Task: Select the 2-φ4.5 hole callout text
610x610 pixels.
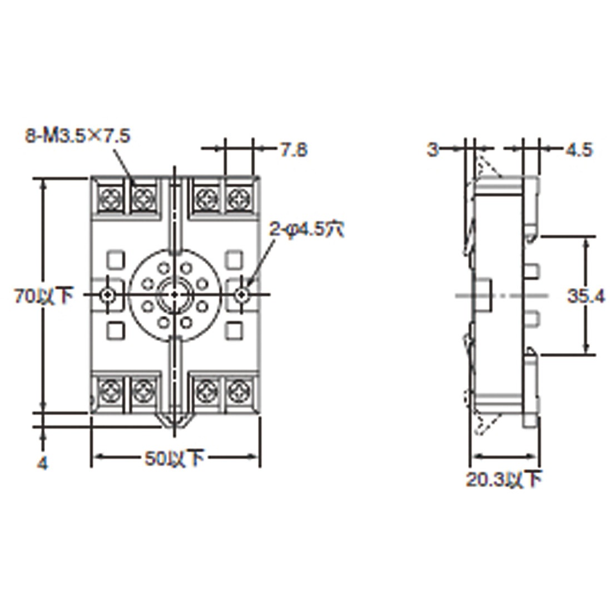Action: pyautogui.click(x=306, y=229)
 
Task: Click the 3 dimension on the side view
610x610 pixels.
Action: pyautogui.click(x=433, y=149)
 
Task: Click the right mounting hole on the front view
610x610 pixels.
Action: pyautogui.click(x=241, y=295)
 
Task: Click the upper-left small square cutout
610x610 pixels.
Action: pyautogui.click(x=115, y=259)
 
